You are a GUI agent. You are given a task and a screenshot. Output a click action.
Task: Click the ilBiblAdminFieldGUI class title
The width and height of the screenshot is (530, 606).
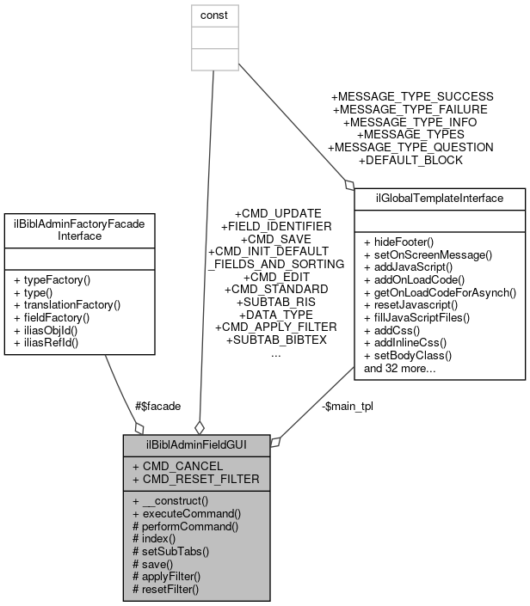(197, 445)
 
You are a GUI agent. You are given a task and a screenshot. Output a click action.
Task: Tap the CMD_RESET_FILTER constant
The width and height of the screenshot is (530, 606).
(201, 478)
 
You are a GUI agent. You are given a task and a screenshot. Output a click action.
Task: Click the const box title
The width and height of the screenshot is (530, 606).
(213, 15)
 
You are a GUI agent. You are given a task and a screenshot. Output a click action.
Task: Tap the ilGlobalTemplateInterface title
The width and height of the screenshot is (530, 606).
(440, 199)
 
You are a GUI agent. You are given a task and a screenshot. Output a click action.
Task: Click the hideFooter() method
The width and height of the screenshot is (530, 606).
(398, 242)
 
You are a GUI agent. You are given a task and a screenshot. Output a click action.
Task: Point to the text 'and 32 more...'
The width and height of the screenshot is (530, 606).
(399, 368)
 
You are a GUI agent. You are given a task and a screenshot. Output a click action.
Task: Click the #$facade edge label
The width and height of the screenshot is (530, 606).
(157, 406)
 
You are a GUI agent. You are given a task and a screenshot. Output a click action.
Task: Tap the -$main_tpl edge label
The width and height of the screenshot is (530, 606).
(348, 406)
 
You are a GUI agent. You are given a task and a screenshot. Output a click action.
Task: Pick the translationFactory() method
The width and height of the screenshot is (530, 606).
(65, 304)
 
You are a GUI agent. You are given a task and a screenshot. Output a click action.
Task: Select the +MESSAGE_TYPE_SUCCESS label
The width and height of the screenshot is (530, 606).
(412, 96)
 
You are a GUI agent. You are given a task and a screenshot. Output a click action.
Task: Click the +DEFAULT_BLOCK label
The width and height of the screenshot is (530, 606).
(410, 160)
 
